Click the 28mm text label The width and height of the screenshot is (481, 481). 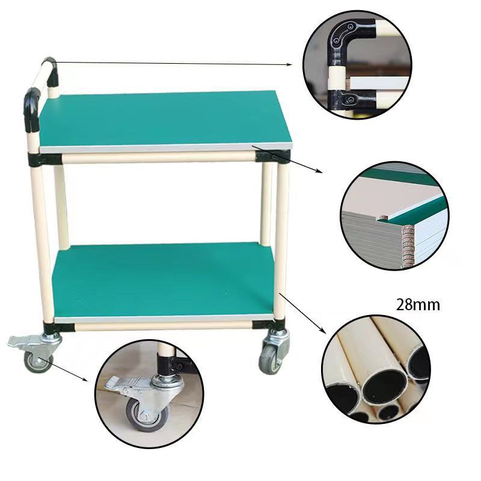point(418,305)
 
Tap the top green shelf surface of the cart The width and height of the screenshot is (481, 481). point(165,120)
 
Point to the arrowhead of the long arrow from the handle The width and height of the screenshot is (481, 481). point(289,64)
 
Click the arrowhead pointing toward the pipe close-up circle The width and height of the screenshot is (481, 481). point(323,331)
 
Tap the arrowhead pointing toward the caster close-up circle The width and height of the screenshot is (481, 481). point(85,379)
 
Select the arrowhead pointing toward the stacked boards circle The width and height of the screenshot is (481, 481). point(320,171)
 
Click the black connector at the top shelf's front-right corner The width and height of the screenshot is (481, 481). point(272,156)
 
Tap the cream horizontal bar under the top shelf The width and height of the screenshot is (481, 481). point(159,157)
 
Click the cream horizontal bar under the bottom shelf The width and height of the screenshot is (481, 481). point(163,325)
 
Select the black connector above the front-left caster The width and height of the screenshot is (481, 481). point(58,327)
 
